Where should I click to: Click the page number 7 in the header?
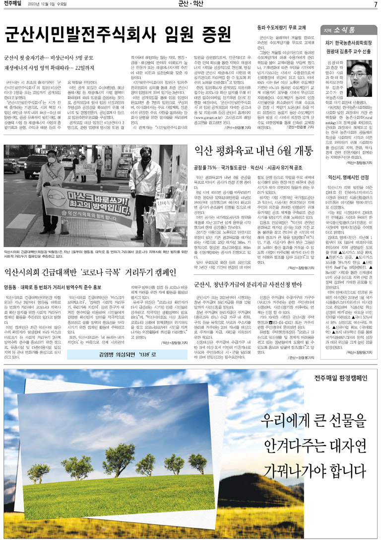click(376, 5)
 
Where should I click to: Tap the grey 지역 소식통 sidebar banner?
click(348, 30)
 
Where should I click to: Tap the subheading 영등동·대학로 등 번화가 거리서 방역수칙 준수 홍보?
click(53, 287)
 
